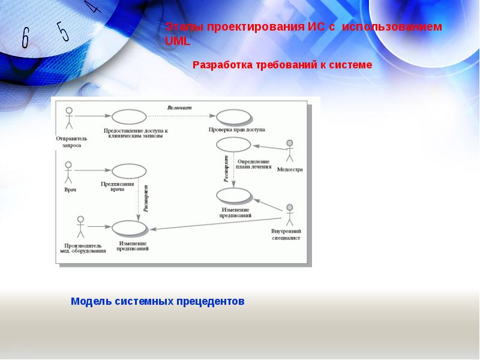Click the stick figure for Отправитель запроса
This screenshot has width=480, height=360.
pyautogui.click(x=69, y=118)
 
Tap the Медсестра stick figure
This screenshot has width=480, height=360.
pyautogui.click(x=290, y=151)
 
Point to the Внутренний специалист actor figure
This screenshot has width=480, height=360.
pyautogui.click(x=290, y=215)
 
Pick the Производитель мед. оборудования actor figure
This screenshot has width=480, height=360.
pyautogui.click(x=80, y=227)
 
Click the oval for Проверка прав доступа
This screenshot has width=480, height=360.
pyautogui.click(x=233, y=117)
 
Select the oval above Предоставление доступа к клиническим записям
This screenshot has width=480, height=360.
pyautogui.click(x=130, y=117)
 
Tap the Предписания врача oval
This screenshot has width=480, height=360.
pyautogui.click(x=129, y=170)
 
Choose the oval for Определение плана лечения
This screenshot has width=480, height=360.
pyautogui.click(x=233, y=144)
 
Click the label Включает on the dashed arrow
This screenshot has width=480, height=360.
pyautogui.click(x=179, y=107)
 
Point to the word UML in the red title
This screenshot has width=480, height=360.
pyautogui.click(x=177, y=41)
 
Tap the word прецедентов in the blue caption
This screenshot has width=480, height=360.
pyautogui.click(x=211, y=301)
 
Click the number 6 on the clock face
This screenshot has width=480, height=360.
pyautogui.click(x=25, y=38)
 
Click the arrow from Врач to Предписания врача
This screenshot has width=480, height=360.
pyautogui.click(x=92, y=170)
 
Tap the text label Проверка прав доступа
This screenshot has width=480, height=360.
pyautogui.click(x=237, y=130)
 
